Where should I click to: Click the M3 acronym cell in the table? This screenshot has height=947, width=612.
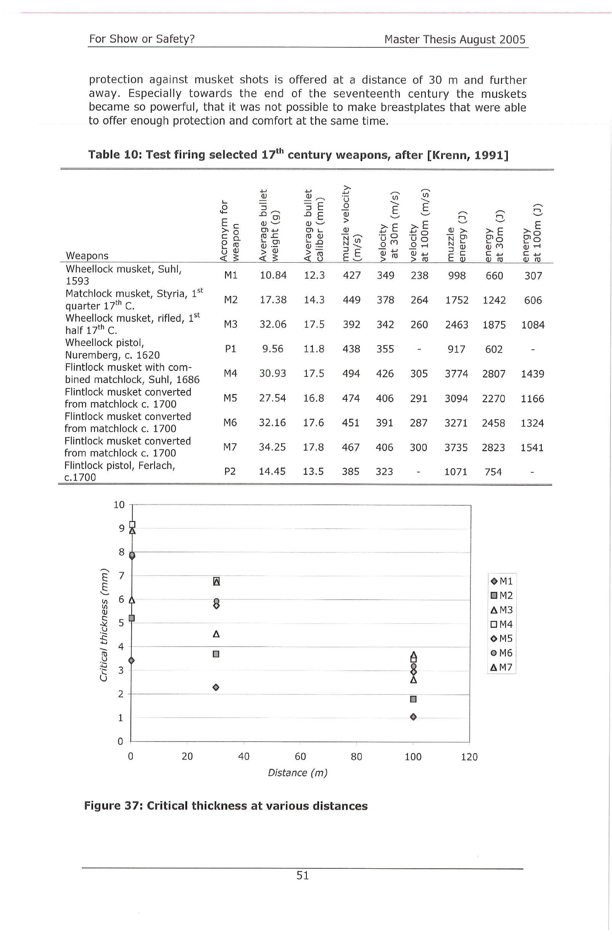[x=230, y=324]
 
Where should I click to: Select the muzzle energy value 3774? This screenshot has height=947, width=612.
[x=456, y=373]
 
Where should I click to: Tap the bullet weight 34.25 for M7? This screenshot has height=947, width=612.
[x=272, y=447]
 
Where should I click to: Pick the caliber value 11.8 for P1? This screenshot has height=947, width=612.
[x=314, y=349]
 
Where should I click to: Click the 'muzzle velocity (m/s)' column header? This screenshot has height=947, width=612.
[x=351, y=223]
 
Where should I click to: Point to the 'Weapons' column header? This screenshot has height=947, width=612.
[x=87, y=255]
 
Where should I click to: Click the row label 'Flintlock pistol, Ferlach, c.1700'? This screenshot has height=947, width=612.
[x=120, y=471]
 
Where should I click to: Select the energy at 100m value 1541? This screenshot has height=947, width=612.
[x=532, y=448]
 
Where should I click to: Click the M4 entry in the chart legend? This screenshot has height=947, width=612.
[x=501, y=624]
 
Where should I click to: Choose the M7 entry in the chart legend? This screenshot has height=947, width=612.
[x=501, y=667]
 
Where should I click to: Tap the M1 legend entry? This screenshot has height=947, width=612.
[x=501, y=581]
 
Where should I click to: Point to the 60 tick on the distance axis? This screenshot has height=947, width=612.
[x=300, y=756]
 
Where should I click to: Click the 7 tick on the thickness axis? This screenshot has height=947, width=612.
[x=121, y=575]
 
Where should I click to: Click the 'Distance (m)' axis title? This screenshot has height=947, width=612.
[x=298, y=772]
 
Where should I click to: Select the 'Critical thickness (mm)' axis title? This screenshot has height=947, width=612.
[x=104, y=624]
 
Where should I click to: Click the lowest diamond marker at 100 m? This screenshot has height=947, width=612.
[x=413, y=717]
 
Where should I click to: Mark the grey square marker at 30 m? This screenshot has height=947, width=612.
[x=216, y=654]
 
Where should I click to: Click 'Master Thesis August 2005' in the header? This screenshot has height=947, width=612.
[x=455, y=39]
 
